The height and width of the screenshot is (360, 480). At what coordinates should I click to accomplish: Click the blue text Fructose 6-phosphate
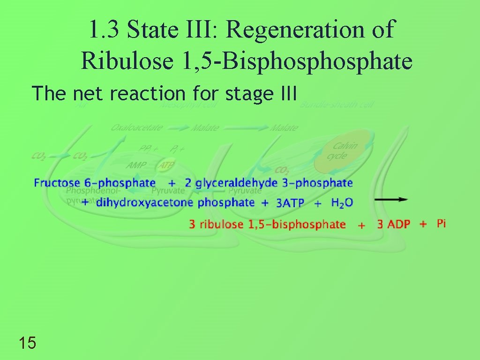[95, 183]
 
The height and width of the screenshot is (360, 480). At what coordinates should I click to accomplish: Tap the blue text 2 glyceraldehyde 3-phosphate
[269, 183]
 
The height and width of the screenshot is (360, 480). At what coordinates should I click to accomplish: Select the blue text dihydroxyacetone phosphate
[175, 202]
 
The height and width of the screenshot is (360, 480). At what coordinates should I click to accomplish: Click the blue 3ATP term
[290, 203]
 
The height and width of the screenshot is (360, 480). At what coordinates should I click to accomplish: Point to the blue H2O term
[342, 202]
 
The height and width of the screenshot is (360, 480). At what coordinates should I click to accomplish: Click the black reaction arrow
[391, 199]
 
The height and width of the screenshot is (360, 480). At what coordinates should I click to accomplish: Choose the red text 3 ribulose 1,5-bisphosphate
[267, 225]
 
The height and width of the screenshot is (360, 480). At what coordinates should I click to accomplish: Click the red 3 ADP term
[394, 225]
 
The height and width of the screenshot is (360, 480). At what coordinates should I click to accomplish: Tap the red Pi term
[441, 224]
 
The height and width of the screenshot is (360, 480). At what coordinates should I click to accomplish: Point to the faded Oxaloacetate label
[137, 127]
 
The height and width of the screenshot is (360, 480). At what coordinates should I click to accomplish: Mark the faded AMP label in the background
[136, 165]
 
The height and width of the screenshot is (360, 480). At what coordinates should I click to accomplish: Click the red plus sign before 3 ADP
[361, 225]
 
